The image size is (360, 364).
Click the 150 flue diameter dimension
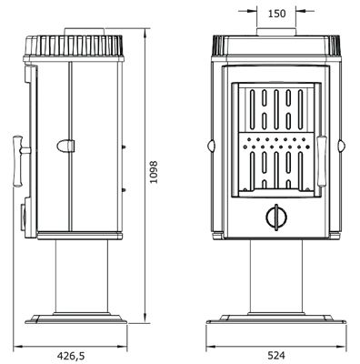point(276,14)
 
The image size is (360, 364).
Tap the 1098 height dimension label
point(155,172)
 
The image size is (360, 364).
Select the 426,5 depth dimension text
point(71,356)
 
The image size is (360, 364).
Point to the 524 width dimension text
point(276,355)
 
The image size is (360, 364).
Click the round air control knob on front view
point(276,217)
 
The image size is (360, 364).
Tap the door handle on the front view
point(322,161)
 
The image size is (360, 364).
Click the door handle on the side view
point(20,161)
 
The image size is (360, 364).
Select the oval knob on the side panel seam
point(65,146)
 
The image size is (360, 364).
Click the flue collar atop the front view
point(276,32)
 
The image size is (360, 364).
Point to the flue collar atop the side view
point(85,32)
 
